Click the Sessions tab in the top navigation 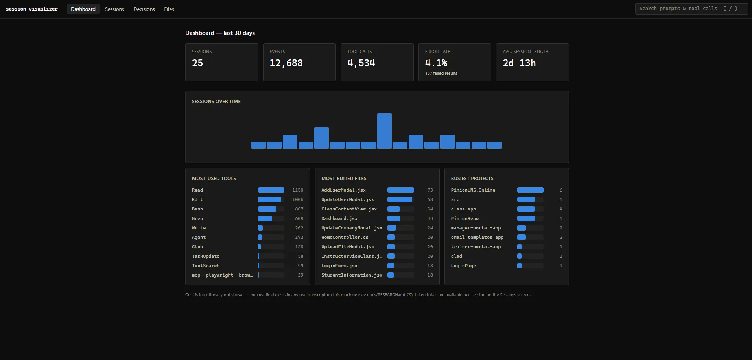[x=114, y=9]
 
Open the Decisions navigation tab [x=144, y=9]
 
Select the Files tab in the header [x=169, y=9]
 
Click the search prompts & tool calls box [x=691, y=9]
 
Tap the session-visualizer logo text [x=32, y=9]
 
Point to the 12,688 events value [x=286, y=63]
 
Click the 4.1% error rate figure [x=436, y=63]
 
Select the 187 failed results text [x=441, y=73]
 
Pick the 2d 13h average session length [x=519, y=63]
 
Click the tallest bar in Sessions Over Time [x=384, y=131]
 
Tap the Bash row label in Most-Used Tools [x=197, y=209]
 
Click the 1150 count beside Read [x=298, y=190]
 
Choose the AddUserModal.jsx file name [x=343, y=190]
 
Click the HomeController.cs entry [x=345, y=237]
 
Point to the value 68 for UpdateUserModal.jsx [x=430, y=199]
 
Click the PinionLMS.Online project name [x=473, y=190]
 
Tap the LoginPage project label [x=463, y=266]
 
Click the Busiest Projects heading [x=472, y=179]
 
